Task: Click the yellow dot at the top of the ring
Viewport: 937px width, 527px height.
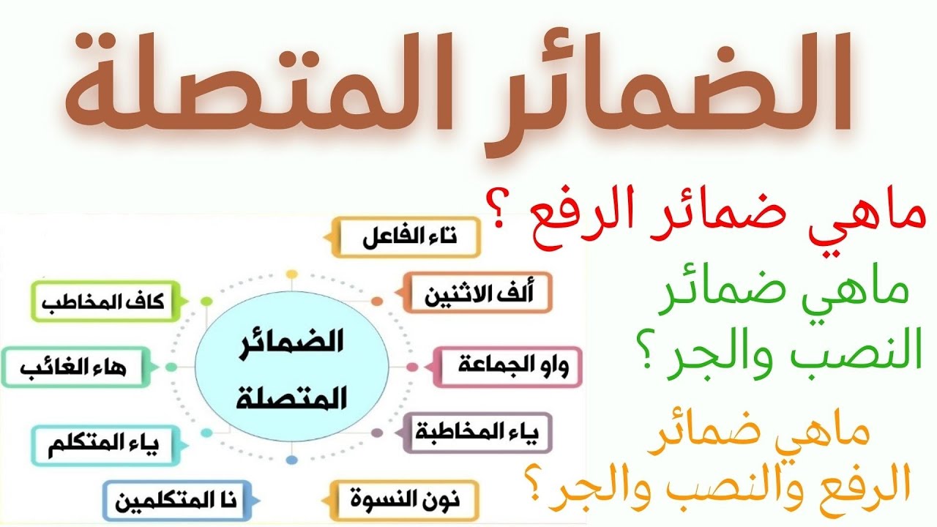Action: [291, 274]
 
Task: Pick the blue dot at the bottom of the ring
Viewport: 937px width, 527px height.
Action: [291, 460]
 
